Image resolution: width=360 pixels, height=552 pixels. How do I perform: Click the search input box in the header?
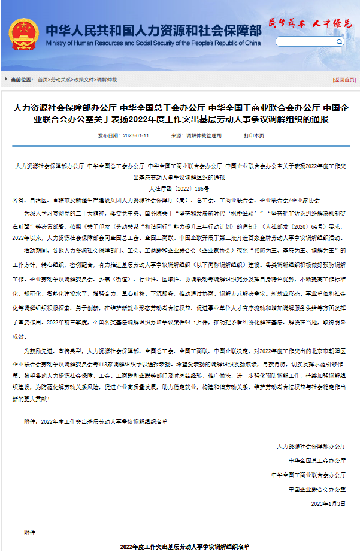[x=311, y=42]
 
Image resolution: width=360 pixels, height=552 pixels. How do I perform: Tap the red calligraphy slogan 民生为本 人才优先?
[x=310, y=23]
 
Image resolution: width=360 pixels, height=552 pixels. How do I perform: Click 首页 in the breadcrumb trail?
[x=42, y=80]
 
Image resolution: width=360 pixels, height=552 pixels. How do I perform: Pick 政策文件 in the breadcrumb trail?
[x=84, y=80]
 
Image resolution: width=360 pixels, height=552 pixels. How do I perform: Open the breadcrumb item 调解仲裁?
[x=107, y=80]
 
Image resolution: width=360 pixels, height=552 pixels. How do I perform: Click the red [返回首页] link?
[x=344, y=80]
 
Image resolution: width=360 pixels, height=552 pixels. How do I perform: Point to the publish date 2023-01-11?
[x=135, y=136]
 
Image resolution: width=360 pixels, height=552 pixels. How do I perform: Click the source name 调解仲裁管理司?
[x=204, y=136]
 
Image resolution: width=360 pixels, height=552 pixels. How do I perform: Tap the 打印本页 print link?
[x=253, y=136]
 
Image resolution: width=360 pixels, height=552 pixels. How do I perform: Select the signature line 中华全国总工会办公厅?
[x=317, y=460]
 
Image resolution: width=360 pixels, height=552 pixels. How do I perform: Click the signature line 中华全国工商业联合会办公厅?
[x=308, y=475]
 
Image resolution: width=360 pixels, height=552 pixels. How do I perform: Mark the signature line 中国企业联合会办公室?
[x=317, y=489]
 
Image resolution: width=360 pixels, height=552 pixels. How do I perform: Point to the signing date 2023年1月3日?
[x=328, y=504]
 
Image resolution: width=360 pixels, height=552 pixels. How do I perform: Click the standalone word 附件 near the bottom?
[x=30, y=532]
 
